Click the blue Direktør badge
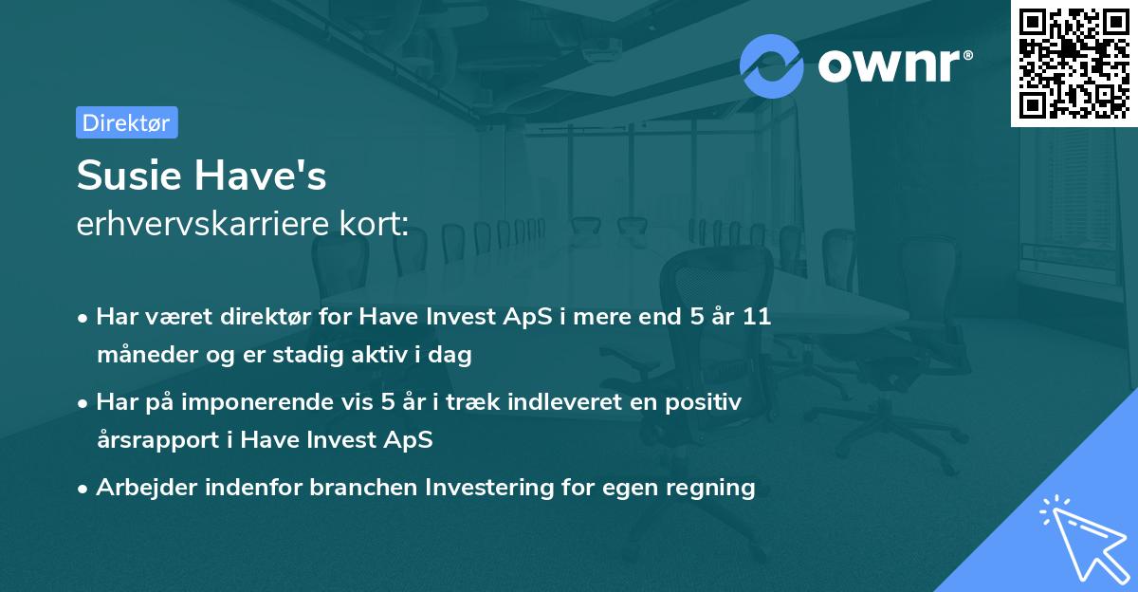click(127, 122)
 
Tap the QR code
click(1074, 63)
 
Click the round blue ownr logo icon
click(771, 66)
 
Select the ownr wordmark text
click(889, 65)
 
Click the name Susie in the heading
click(129, 175)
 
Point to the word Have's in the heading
click(260, 175)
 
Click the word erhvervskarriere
click(203, 224)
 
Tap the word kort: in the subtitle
click(374, 224)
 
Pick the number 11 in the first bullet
click(757, 317)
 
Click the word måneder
click(147, 355)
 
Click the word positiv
click(703, 403)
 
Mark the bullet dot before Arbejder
click(83, 490)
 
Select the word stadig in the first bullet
click(308, 355)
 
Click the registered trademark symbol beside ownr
click(967, 55)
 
